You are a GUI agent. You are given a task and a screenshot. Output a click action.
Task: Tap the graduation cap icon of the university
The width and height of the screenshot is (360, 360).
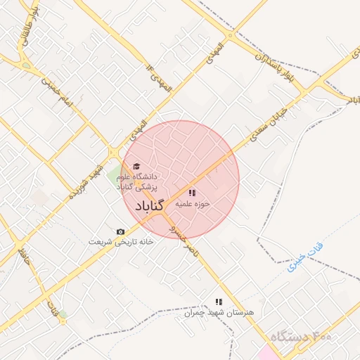(136, 166)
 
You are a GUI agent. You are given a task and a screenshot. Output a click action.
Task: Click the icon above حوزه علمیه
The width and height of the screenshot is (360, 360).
(192, 192)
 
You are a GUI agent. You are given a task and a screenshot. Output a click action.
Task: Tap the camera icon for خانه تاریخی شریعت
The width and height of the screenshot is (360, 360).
(120, 231)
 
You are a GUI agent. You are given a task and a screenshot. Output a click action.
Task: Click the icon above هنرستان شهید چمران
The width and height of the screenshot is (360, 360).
(218, 301)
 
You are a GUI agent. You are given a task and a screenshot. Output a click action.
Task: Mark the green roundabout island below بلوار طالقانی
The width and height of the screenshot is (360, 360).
(27, 65)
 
